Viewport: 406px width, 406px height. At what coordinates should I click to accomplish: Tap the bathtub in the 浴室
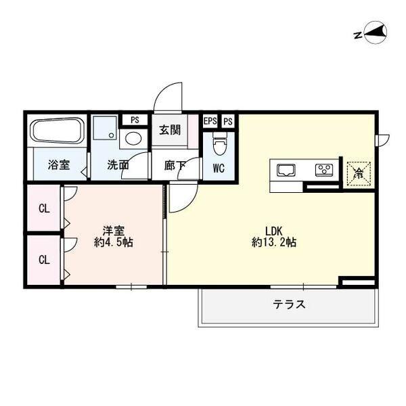(57, 131)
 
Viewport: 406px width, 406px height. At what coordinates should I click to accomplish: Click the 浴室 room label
(58, 164)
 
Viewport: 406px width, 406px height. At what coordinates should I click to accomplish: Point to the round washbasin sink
(134, 139)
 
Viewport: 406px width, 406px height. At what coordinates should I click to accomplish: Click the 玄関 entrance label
(170, 130)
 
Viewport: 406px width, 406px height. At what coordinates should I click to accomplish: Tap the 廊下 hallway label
(175, 164)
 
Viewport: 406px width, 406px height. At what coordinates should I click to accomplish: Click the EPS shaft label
(210, 121)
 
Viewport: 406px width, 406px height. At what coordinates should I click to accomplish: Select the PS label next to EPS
(228, 121)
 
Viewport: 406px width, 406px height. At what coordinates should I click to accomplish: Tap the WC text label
(219, 166)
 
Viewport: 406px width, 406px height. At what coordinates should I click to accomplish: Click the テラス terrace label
(289, 304)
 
